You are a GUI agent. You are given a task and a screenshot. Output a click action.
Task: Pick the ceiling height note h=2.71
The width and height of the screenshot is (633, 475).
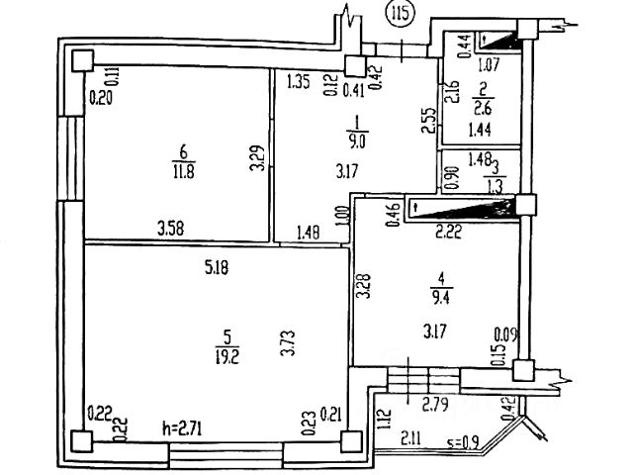pyautogui.click(x=185, y=430)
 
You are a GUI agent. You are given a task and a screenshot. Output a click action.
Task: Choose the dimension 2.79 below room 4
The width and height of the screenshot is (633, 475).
pyautogui.click(x=436, y=403)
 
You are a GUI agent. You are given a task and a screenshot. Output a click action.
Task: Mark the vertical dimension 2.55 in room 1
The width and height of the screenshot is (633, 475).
pyautogui.click(x=426, y=121)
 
